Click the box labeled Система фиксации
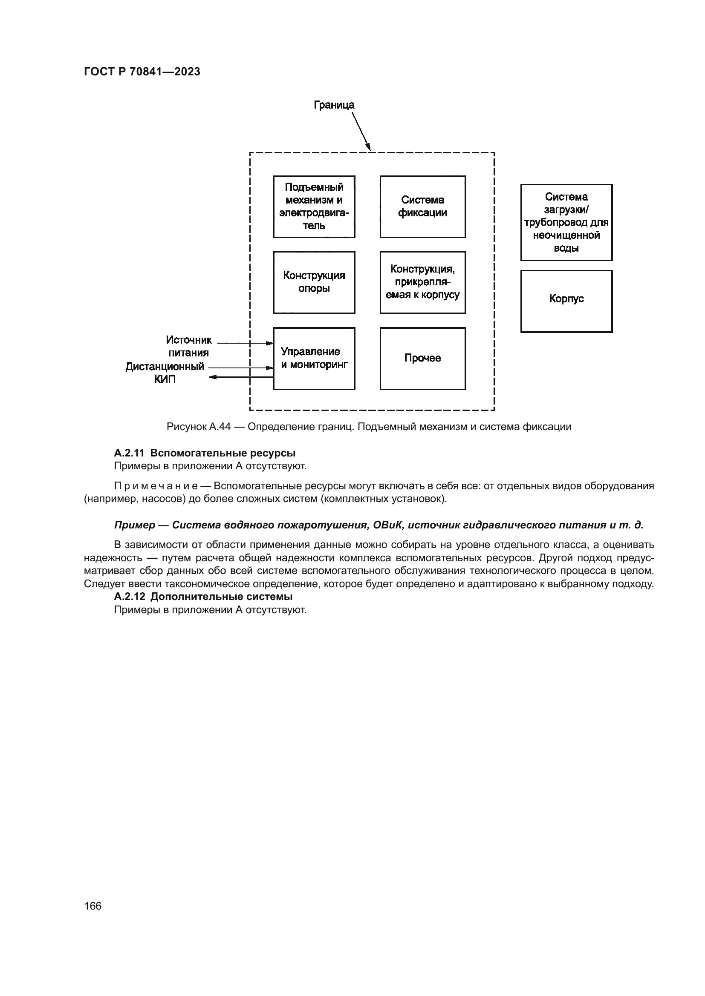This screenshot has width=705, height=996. [x=422, y=207]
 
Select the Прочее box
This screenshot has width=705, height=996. [x=422, y=358]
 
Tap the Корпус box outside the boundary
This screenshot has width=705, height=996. [x=566, y=301]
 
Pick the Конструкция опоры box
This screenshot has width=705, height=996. [x=314, y=282]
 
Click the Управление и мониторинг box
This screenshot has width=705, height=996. [x=314, y=358]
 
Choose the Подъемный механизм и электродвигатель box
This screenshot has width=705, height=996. [x=314, y=207]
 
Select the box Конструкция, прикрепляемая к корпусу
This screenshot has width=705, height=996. [x=422, y=282]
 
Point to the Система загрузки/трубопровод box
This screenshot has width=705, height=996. [x=566, y=222]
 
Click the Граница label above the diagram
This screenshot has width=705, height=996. [x=334, y=105]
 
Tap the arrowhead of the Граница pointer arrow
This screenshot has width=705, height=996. [x=369, y=147]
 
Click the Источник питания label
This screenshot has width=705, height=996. [x=188, y=346]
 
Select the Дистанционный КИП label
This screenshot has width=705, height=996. [x=165, y=373]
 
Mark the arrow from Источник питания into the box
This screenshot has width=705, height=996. [x=245, y=343]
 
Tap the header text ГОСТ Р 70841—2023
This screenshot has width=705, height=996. [x=142, y=72]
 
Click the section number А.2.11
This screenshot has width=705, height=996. [x=129, y=454]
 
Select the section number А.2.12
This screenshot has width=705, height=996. [x=129, y=597]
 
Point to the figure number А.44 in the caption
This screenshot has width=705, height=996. [x=220, y=427]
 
